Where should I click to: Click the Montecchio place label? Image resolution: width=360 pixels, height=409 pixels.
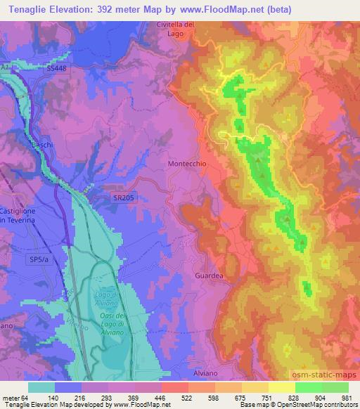[187, 163]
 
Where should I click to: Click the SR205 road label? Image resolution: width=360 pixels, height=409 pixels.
[123, 200]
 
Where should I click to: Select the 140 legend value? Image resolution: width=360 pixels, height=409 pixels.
[68, 397]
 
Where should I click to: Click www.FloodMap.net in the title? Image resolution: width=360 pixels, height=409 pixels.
[219, 9]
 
